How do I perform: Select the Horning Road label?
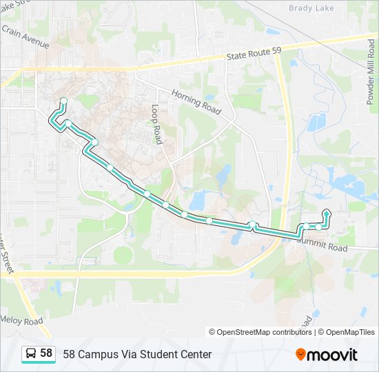tap(196, 101)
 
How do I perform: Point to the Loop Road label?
tap(156, 125)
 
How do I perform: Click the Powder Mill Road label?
tap(371, 72)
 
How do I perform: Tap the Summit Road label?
tap(322, 242)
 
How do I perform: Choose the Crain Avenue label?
tap(25, 38)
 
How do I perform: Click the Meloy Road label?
tap(22, 321)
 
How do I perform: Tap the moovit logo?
tap(327, 355)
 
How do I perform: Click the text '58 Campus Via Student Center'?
tap(137, 355)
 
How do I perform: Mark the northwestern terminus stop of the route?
tap(63, 102)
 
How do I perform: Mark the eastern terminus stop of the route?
tap(326, 212)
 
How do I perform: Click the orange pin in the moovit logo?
tap(300, 354)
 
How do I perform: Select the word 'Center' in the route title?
tap(194, 355)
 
